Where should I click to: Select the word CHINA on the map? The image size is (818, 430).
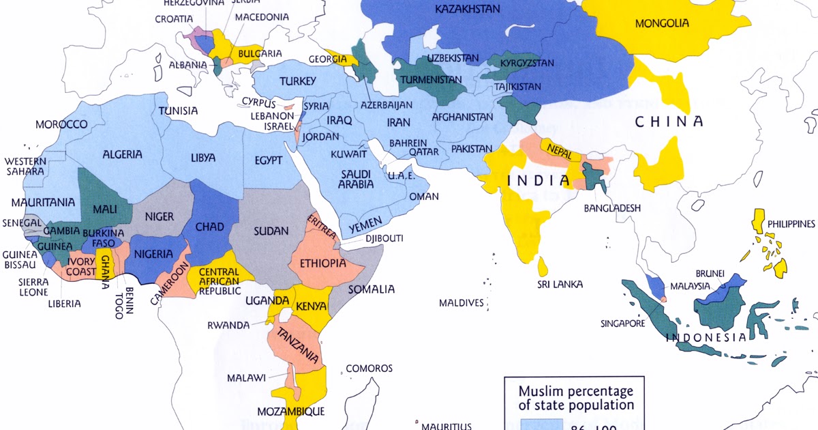[669, 122]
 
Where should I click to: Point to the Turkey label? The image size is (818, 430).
[298, 82]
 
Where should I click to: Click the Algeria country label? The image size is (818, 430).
[123, 154]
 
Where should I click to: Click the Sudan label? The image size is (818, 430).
[271, 231]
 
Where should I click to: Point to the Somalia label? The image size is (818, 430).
[372, 289]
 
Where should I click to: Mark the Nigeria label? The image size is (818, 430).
[153, 254]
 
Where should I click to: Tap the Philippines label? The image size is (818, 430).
[791, 224]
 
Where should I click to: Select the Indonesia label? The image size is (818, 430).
[705, 337]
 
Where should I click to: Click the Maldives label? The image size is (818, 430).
[461, 302]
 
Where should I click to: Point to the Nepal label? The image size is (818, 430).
[559, 148]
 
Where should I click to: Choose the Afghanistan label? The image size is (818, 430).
[462, 117]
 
